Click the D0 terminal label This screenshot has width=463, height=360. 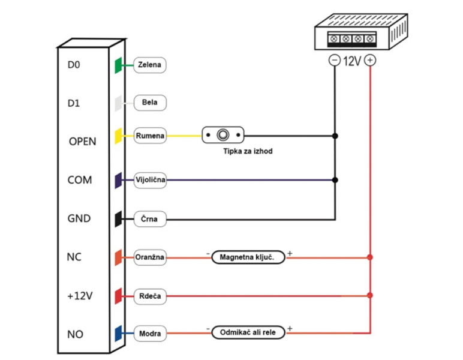point(74,64)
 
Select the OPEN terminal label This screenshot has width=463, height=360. point(82,142)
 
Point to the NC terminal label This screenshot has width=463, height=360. point(74,257)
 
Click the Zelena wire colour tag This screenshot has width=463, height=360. point(149,65)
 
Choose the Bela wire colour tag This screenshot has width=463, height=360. point(149,103)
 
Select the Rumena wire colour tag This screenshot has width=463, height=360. point(149,136)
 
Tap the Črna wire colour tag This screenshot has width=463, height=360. point(149,219)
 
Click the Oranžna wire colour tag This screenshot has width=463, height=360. point(150,258)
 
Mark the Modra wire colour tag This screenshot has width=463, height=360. point(149,332)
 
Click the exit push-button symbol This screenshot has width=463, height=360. point(223,135)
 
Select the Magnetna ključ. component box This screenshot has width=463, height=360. point(247,258)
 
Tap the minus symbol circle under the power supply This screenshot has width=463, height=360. point(334,60)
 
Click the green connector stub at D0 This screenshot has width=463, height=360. point(119,65)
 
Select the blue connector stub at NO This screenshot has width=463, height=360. point(119,332)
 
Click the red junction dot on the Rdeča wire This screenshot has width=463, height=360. point(370,295)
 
